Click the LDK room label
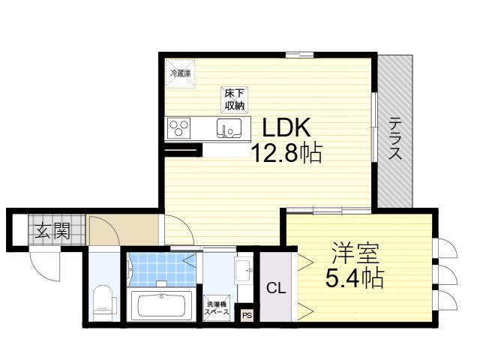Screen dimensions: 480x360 click(286, 127)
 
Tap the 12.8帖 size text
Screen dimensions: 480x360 click(286, 152)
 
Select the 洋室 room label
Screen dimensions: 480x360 click(355, 253)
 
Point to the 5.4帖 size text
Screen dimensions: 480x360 click(355, 277)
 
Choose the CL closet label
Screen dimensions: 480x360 click(276, 288)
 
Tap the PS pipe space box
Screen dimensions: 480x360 click(247, 315)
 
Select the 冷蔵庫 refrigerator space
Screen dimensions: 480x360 click(180, 73)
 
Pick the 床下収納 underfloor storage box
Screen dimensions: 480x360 click(235, 100)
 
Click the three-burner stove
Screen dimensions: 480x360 click(178, 128)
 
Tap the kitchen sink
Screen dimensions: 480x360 click(229, 128)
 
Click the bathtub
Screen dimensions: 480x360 click(161, 305)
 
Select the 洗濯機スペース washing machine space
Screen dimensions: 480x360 click(217, 308)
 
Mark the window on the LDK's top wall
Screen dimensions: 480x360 click(300, 55)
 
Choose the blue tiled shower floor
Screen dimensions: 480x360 click(162, 270)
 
